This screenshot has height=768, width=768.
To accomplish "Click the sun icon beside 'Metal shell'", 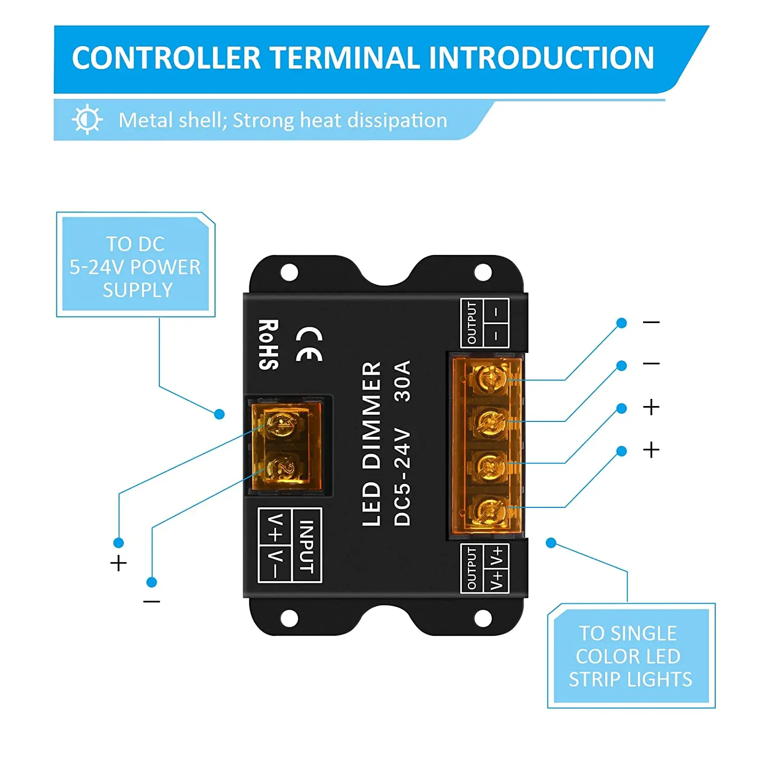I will (x=87, y=120).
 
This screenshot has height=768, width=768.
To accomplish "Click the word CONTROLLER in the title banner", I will (x=166, y=58).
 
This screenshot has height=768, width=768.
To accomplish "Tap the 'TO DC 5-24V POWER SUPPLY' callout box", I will (x=136, y=265).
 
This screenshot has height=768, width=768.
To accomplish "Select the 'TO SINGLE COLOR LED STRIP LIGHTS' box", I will (x=631, y=656).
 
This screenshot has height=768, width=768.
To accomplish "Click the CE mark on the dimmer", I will (x=309, y=345).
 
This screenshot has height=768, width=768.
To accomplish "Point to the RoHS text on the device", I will (x=268, y=345).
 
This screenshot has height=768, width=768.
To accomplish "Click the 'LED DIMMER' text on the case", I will (x=372, y=444).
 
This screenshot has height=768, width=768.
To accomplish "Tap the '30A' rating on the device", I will (x=403, y=380).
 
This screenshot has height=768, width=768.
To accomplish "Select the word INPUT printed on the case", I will (x=306, y=546).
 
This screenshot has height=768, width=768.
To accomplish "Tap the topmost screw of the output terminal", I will (x=490, y=379).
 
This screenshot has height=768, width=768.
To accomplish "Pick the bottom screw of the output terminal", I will (x=490, y=510).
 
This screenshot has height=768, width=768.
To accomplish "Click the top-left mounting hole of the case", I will (x=289, y=272).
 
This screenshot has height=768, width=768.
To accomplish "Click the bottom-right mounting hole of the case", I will (x=483, y=618).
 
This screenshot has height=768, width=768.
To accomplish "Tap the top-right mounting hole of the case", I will (x=483, y=272).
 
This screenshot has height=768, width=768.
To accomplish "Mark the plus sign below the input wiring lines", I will (x=118, y=563).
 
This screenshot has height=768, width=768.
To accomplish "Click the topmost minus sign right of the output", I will (x=651, y=322).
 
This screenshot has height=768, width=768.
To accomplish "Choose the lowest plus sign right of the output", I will (x=651, y=450).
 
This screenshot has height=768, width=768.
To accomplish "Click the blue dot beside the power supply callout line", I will (x=220, y=414).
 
